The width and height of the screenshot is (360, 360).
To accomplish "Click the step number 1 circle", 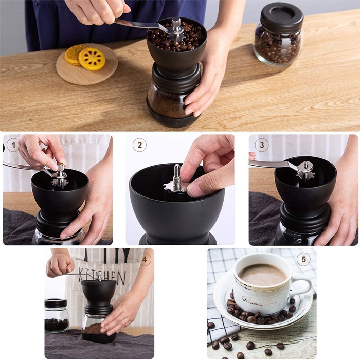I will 13,145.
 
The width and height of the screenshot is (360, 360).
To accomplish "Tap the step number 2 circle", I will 139,145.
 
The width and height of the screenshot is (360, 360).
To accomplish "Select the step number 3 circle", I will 262,145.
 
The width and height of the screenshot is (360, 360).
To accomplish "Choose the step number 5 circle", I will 303,259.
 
